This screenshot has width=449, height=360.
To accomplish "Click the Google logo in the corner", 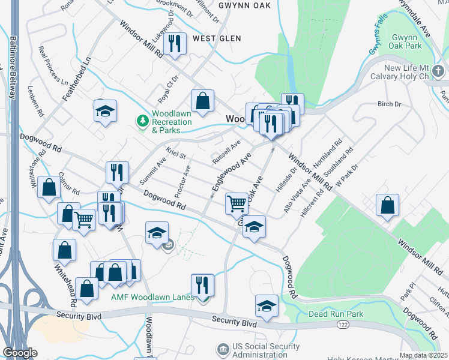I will point(19,353).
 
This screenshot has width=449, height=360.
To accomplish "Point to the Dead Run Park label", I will point(336,314).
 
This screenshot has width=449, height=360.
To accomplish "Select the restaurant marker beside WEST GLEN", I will point(175,43).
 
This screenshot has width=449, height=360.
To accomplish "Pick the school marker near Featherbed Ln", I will point(105,110).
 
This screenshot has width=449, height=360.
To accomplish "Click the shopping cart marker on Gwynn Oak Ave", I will point(237,203).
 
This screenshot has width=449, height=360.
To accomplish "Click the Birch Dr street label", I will point(389,104).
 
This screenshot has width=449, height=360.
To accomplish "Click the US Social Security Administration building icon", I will point(223,349).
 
